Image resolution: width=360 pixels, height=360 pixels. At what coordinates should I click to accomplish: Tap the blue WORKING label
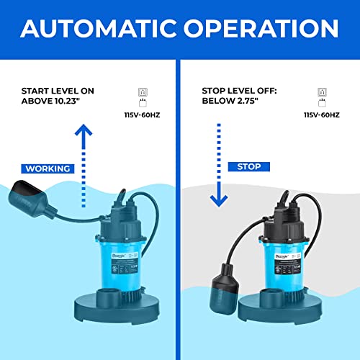pyautogui.click(x=48, y=168)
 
